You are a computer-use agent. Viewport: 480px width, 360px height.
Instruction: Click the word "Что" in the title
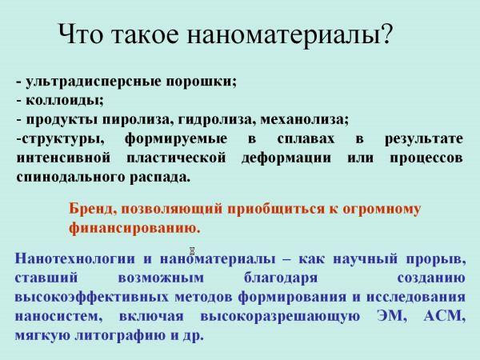pyautogui.click(x=81, y=34)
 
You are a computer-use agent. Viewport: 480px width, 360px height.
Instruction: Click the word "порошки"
pyautogui.click(x=202, y=82)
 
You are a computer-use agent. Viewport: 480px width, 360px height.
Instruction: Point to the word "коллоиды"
pyautogui.click(x=64, y=101)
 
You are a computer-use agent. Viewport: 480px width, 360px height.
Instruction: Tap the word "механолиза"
pyautogui.click(x=305, y=120)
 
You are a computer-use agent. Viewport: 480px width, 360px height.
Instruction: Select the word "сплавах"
pyautogui.click(x=306, y=139)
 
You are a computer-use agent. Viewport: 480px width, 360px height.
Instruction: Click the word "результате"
pyautogui.click(x=424, y=139)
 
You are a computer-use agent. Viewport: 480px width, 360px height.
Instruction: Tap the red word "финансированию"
pyautogui.click(x=134, y=228)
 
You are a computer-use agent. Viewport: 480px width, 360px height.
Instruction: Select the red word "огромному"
pyautogui.click(x=382, y=210)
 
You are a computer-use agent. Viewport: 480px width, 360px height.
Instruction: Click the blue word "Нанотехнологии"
pyautogui.click(x=75, y=258)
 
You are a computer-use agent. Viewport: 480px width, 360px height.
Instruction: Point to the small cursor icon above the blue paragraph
pyautogui.click(x=192, y=251)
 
